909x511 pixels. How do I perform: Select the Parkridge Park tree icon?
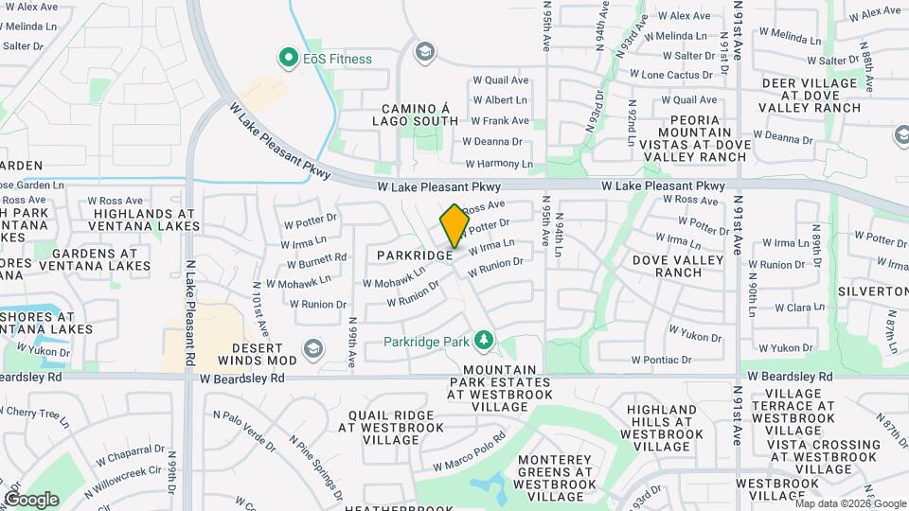pos(484,339)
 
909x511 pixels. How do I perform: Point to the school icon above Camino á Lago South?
pos(425,50)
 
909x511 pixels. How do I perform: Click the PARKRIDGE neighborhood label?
pos(413,255)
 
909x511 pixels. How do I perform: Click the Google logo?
pos(31,499)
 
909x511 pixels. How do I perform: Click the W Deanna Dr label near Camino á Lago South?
pos(492,142)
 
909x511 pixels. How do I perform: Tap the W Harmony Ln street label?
pos(498,164)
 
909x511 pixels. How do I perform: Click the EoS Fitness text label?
pos(338,59)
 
